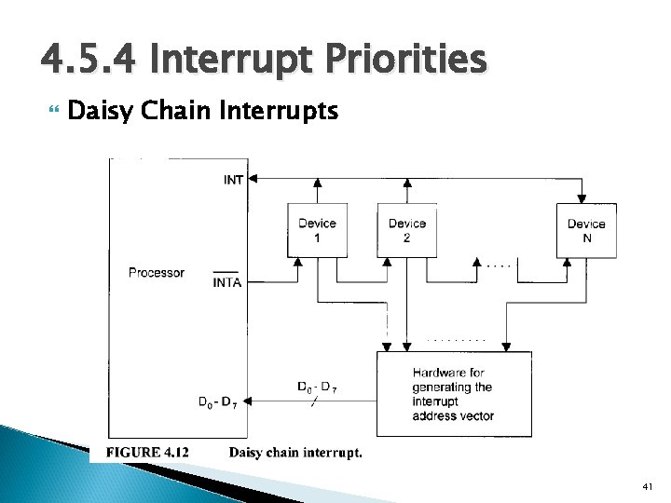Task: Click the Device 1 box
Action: [x=317, y=230]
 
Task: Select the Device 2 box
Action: [x=406, y=230]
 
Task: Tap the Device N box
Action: [x=585, y=230]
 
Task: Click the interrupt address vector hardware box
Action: [x=454, y=394]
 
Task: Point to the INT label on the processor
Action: [x=235, y=180]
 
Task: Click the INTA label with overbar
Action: [x=227, y=282]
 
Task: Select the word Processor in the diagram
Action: [x=157, y=273]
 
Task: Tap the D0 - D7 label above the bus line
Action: [x=317, y=387]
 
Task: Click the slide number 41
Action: [x=648, y=487]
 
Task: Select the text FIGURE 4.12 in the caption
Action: [x=147, y=453]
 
